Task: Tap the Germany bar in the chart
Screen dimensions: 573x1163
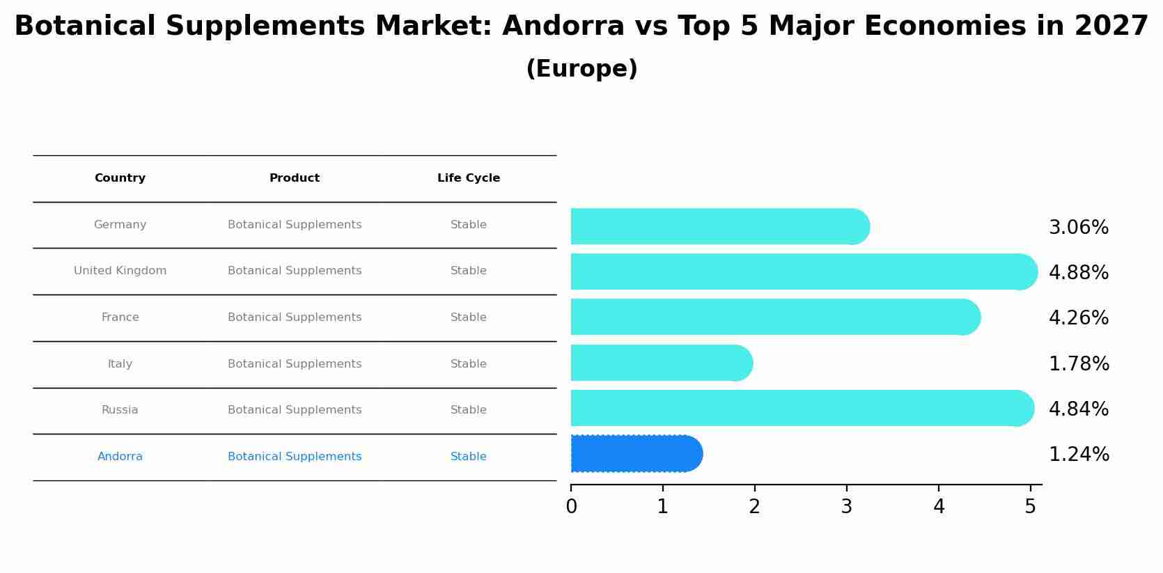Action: pos(717,226)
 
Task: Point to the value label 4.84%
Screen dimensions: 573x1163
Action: pos(1078,409)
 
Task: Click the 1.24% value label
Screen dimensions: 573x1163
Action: pos(1078,455)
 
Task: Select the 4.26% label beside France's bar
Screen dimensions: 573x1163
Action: pos(1078,318)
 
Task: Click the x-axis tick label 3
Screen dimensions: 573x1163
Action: pos(846,507)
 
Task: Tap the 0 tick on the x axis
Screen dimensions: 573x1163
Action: pos(571,507)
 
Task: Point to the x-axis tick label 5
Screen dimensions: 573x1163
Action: pos(1030,507)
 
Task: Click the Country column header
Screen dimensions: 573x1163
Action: pos(120,178)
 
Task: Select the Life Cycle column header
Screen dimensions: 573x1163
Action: pos(468,178)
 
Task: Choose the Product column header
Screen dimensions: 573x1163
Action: pos(294,178)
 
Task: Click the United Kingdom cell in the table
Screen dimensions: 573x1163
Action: pos(120,271)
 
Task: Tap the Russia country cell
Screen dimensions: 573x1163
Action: pos(120,410)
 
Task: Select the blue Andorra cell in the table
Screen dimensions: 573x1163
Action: pos(120,457)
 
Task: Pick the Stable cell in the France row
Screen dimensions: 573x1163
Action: pos(468,317)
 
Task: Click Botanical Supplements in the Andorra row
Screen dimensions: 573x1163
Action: pos(294,457)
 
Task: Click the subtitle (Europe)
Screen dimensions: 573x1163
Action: pos(581,69)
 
